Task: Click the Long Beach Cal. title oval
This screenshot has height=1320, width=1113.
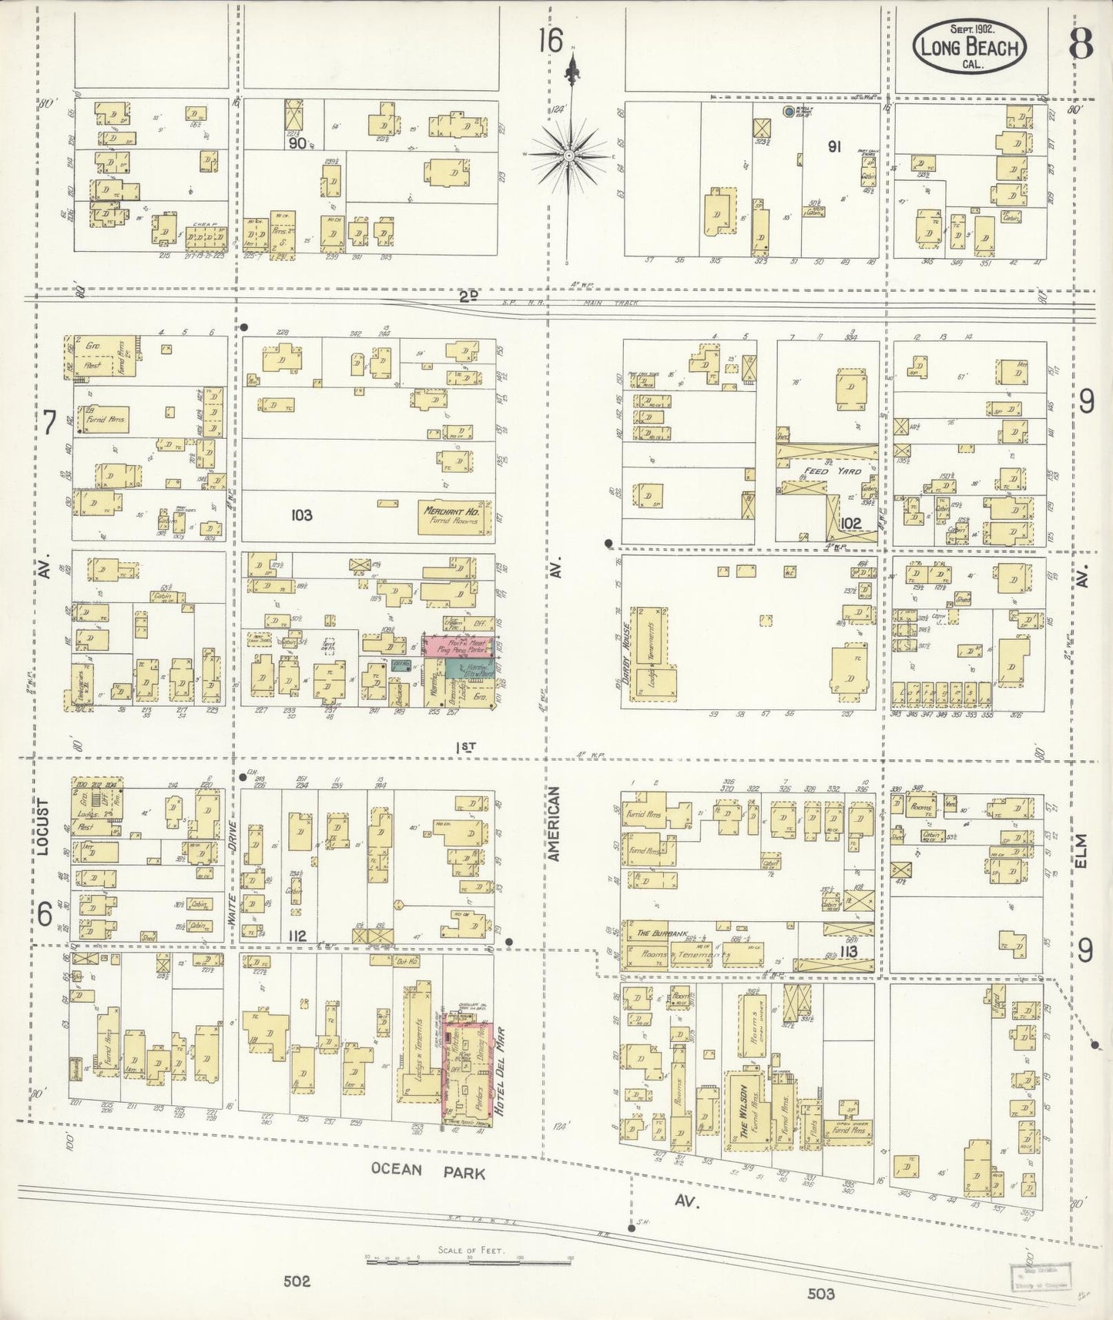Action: coord(969,47)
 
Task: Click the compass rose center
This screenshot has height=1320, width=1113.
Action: coord(568,156)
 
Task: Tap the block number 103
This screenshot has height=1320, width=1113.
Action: coord(301,514)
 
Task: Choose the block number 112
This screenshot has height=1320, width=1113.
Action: coord(297,936)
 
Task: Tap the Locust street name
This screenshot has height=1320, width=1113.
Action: coord(42,827)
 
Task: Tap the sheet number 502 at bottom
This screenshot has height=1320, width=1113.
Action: coord(297,1281)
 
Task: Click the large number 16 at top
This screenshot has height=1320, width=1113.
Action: coord(550,40)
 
